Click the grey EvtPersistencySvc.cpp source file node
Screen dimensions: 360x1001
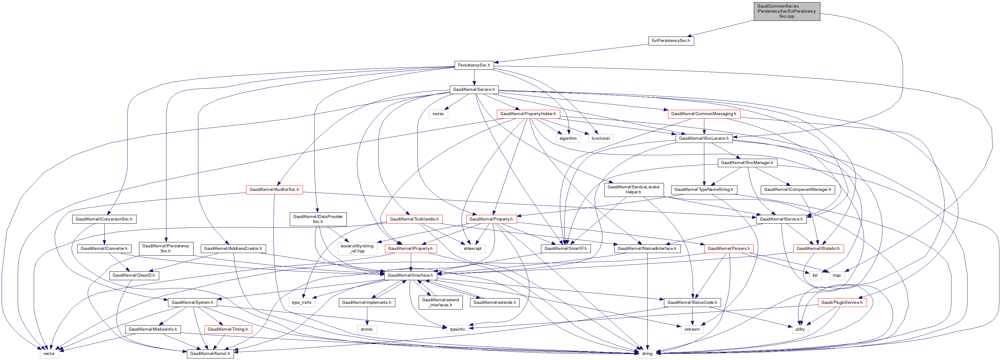click(x=787, y=11)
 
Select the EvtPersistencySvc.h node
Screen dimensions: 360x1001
click(x=671, y=40)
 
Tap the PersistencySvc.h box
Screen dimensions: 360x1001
click(x=474, y=65)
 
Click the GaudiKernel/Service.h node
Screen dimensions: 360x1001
click(x=474, y=89)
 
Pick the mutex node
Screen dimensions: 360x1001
click(x=438, y=114)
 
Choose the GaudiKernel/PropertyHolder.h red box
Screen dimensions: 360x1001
click(x=528, y=114)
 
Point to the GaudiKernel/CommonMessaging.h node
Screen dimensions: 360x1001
click(x=703, y=114)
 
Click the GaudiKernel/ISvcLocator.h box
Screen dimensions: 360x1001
click(x=703, y=139)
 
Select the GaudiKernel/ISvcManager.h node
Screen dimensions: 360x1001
click(x=747, y=162)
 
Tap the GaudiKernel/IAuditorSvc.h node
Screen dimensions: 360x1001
click(x=274, y=189)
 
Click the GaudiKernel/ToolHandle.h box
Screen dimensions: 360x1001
click(x=414, y=219)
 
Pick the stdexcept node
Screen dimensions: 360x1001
click(x=472, y=248)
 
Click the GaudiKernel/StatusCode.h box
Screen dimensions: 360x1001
click(x=692, y=303)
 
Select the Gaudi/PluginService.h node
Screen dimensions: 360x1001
click(x=842, y=303)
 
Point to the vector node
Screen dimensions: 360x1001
click(x=49, y=354)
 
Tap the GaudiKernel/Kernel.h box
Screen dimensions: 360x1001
click(x=210, y=354)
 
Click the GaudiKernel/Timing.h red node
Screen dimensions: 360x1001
click(x=228, y=329)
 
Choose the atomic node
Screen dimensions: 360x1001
click(x=366, y=329)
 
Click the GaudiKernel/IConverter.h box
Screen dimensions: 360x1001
click(x=104, y=248)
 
